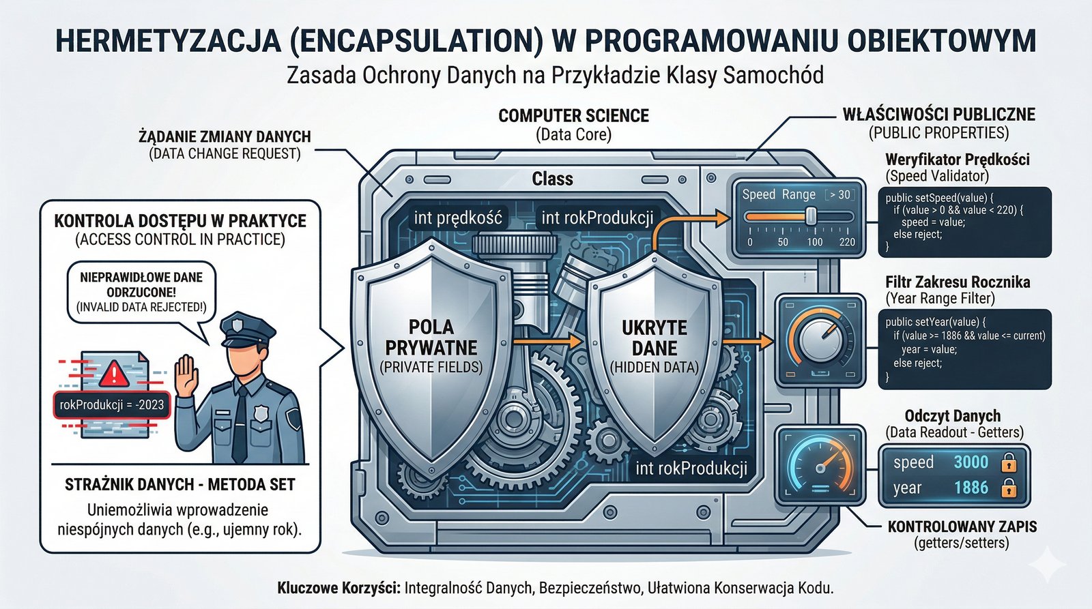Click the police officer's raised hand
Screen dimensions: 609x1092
[186, 374]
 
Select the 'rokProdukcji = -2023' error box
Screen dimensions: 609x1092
[111, 405]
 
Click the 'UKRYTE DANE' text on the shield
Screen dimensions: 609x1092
[654, 338]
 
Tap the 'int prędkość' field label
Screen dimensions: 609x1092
[458, 218]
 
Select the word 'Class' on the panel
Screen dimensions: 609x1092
[552, 179]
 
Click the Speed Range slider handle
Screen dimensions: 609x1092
[811, 216]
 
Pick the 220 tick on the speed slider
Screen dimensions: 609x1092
[846, 242]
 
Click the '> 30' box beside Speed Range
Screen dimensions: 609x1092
[839, 195]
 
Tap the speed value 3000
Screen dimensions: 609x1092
[971, 462]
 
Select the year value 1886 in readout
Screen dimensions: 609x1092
[971, 488]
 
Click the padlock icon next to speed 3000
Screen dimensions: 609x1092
[1008, 464]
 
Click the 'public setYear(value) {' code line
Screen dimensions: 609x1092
[932, 322]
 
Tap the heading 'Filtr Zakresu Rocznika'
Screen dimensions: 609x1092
[957, 282]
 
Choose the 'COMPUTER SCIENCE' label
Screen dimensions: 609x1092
[573, 116]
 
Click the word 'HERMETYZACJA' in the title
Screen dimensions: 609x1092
[167, 41]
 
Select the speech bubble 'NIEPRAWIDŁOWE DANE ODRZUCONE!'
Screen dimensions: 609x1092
[141, 292]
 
